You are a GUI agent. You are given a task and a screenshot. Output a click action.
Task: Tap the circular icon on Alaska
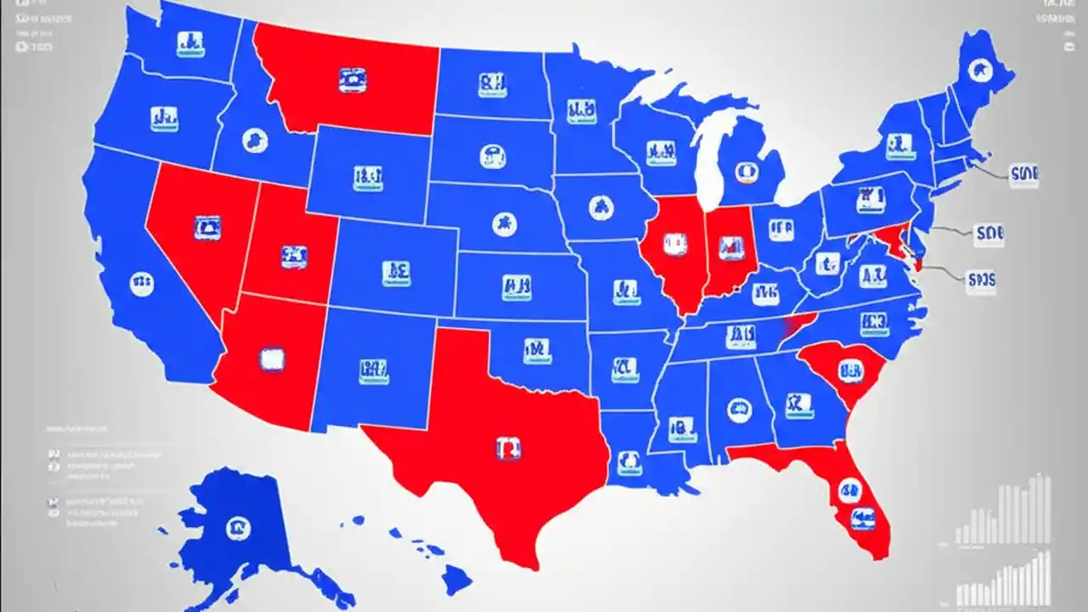point(238,529)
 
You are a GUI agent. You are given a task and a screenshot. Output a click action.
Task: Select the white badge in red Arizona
point(271,360)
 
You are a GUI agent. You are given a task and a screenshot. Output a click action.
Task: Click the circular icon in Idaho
point(254,139)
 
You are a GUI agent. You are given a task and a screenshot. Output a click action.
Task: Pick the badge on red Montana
point(351,81)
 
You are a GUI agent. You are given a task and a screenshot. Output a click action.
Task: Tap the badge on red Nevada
point(207,228)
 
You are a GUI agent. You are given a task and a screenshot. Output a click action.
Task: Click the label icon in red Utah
point(293,255)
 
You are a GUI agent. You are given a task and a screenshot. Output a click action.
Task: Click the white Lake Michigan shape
point(710,161)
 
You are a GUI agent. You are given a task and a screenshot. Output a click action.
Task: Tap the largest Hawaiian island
point(456,580)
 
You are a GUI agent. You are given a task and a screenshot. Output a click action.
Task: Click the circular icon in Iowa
point(600,205)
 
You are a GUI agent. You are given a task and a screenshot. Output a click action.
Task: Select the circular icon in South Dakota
point(491,156)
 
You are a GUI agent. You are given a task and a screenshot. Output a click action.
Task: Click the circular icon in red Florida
point(849,490)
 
